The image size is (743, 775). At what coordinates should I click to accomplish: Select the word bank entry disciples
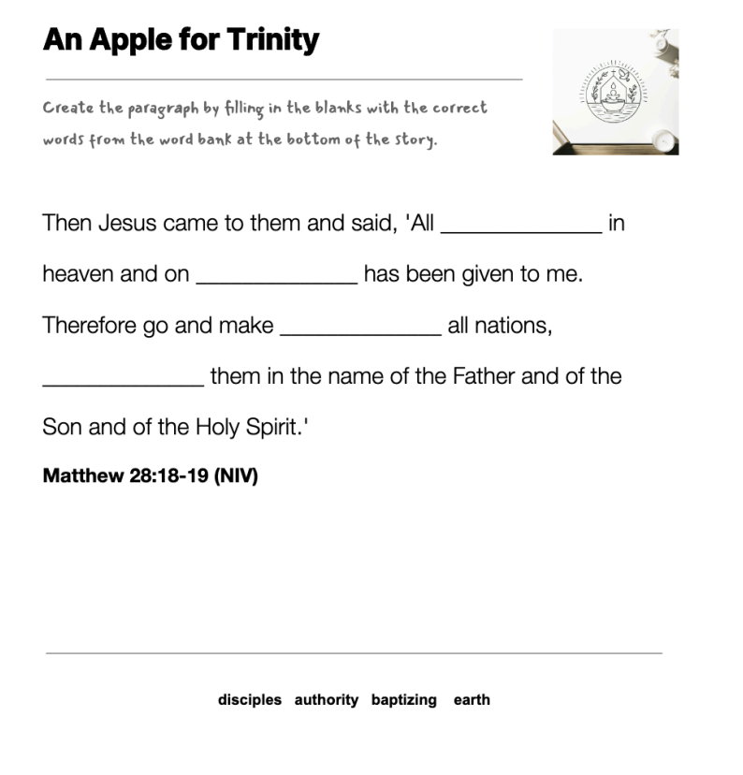pyautogui.click(x=250, y=700)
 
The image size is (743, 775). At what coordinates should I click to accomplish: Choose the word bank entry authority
pyautogui.click(x=327, y=700)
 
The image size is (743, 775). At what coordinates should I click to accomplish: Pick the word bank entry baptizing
pyautogui.click(x=404, y=700)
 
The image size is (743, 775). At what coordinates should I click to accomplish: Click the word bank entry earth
pyautogui.click(x=472, y=700)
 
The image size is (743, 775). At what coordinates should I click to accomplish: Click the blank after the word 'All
pyautogui.click(x=520, y=225)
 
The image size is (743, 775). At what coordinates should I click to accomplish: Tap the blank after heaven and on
pyautogui.click(x=276, y=275)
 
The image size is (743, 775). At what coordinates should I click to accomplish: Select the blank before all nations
pyautogui.click(x=360, y=326)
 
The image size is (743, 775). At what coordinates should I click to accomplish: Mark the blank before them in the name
pyautogui.click(x=123, y=376)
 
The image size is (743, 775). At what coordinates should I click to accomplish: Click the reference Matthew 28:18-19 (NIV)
pyautogui.click(x=150, y=475)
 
